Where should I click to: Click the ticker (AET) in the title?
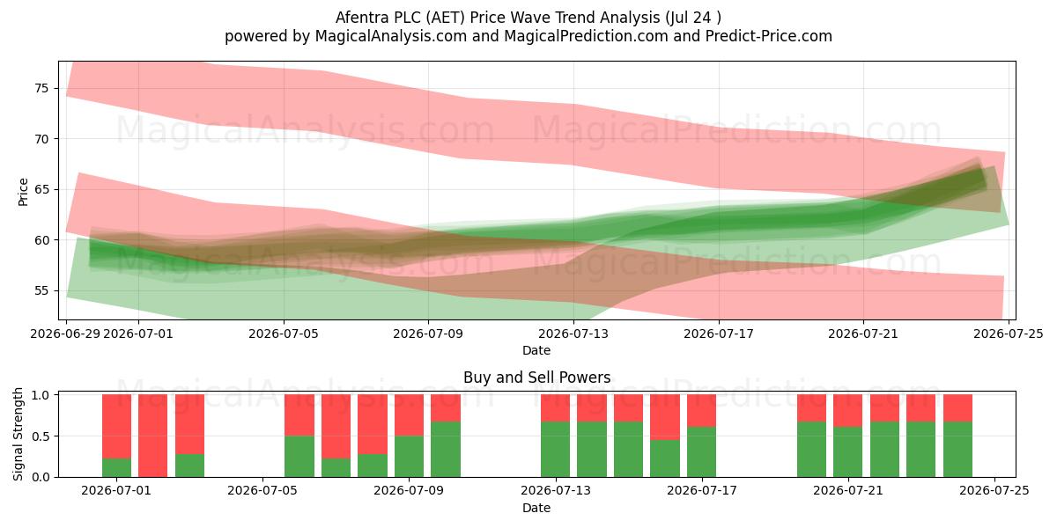(445, 18)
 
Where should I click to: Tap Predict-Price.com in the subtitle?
(769, 36)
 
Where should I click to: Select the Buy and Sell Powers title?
(536, 378)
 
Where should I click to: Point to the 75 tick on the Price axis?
(41, 88)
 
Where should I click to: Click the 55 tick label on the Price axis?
(41, 290)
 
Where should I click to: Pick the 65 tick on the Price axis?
(41, 189)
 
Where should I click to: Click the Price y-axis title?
(23, 192)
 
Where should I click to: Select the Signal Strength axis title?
(18, 434)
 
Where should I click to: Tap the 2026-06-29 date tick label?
(65, 334)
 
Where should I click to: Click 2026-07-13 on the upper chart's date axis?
(573, 334)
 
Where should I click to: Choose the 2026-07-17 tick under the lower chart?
(702, 490)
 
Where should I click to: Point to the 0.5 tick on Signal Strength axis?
(41, 436)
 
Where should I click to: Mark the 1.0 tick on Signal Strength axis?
(41, 395)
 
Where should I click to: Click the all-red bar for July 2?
(153, 436)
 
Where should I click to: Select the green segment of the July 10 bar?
(446, 450)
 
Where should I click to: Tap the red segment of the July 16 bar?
(665, 417)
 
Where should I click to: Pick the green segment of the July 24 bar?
(958, 450)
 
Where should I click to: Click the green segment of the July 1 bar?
(116, 467)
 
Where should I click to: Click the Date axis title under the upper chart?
(536, 350)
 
